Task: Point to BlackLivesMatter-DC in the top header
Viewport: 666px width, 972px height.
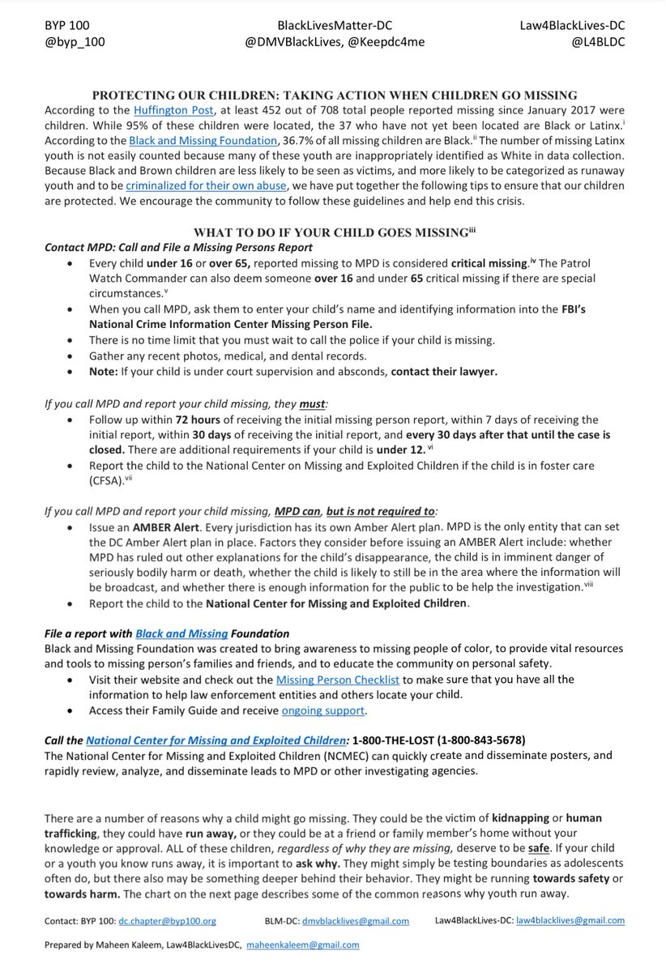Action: (333, 24)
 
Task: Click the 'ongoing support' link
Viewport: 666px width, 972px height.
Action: (323, 710)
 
